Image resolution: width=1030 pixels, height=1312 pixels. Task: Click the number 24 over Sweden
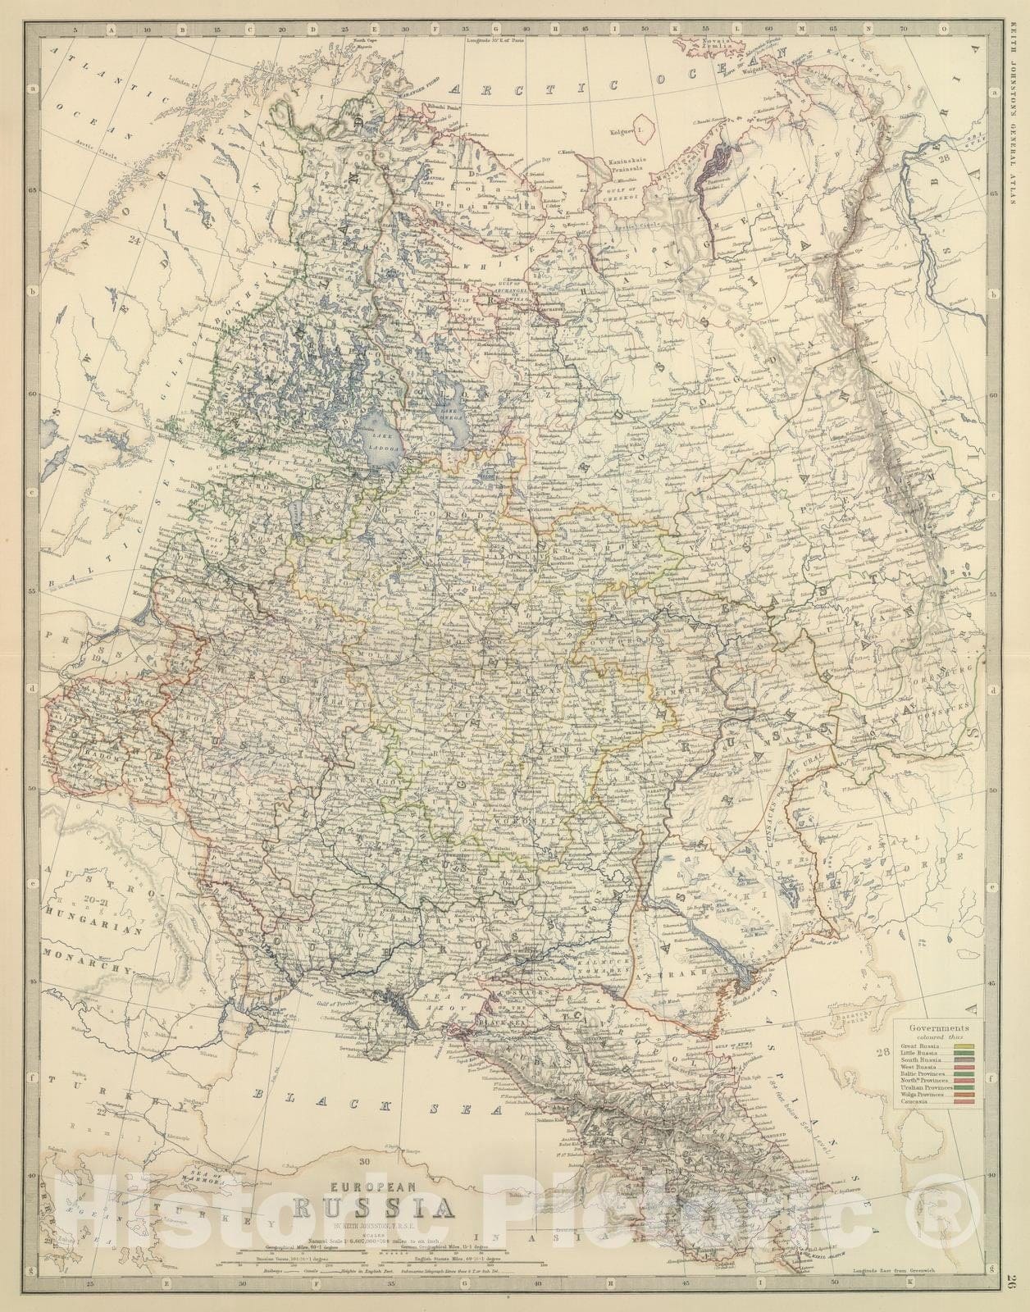[135, 240]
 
